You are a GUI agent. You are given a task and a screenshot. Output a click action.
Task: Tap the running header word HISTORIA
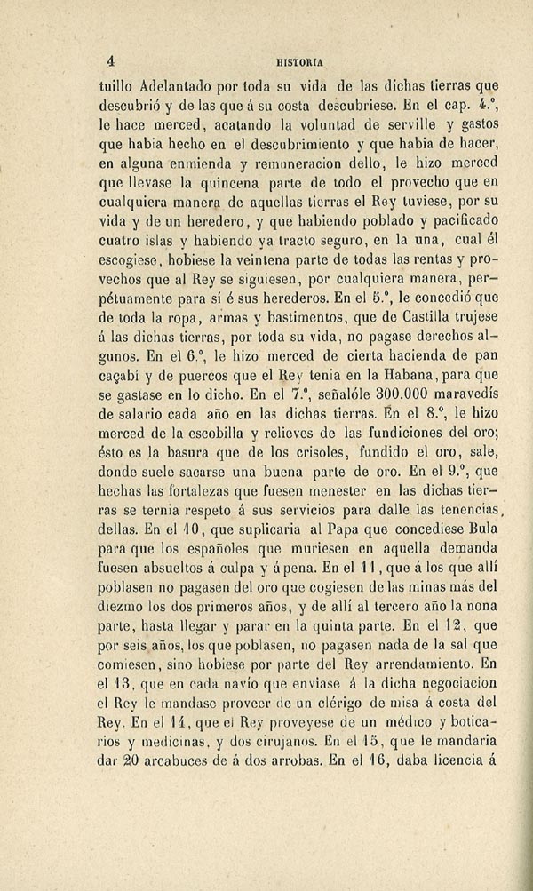[302, 62]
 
